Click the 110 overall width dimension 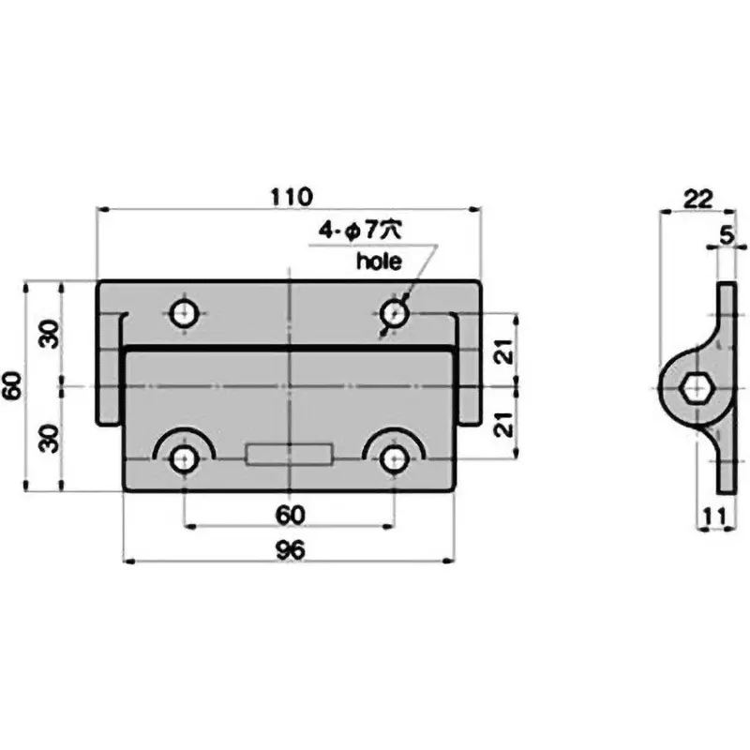(291, 197)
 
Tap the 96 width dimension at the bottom (291, 551)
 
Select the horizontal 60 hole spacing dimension (290, 515)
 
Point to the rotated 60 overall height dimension (12, 385)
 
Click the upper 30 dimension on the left (49, 333)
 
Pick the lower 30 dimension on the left (49, 437)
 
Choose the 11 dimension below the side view (714, 514)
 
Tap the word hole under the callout (378, 263)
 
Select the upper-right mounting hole (397, 313)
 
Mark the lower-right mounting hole (397, 457)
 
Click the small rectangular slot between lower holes (290, 456)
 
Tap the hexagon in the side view (695, 385)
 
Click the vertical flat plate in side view (727, 385)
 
